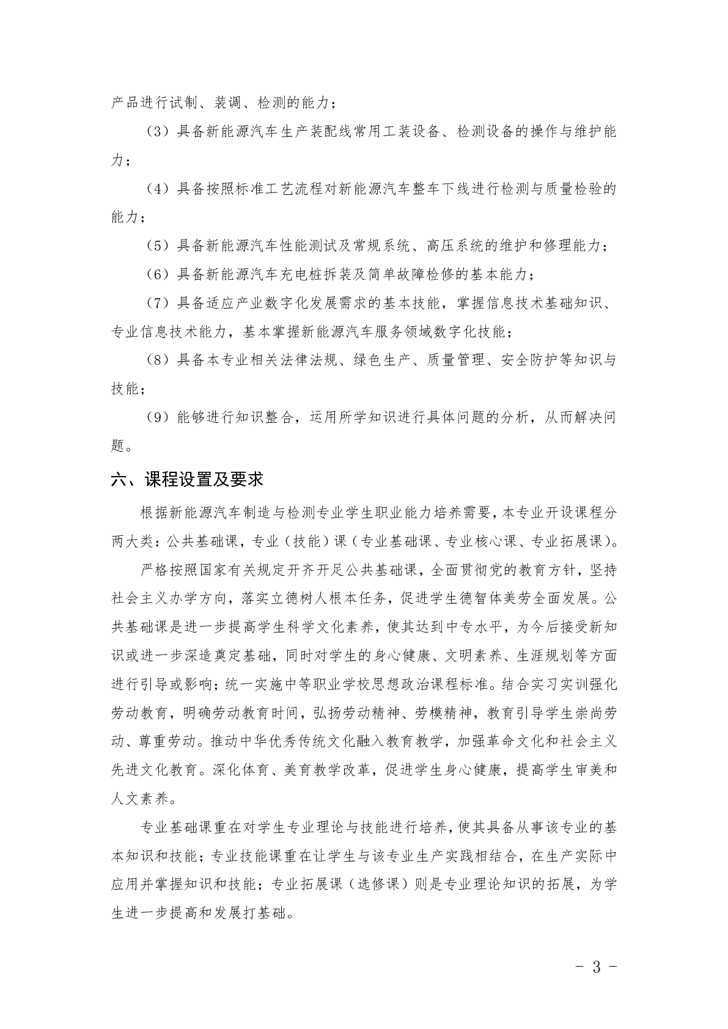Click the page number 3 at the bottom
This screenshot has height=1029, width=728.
tap(597, 967)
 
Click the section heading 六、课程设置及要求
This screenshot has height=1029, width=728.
tap(187, 479)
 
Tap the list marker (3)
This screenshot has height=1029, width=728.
tap(159, 133)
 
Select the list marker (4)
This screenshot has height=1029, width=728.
tap(159, 189)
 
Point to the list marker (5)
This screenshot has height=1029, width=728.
tap(159, 246)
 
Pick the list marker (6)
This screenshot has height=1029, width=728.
tap(159, 274)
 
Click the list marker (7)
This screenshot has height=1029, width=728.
tap(159, 303)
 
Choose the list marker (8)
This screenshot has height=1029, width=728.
tap(159, 360)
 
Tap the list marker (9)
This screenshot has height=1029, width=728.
tap(159, 417)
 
